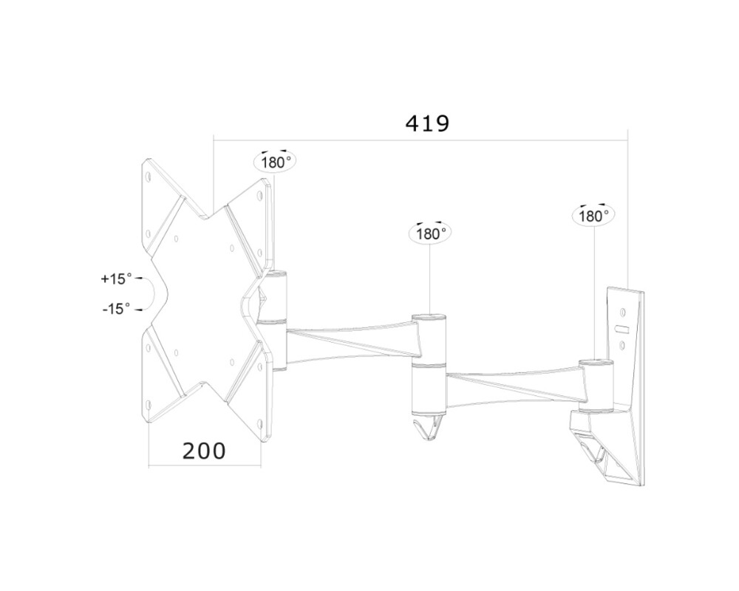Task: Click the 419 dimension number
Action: [427, 123]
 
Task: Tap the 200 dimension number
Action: [204, 451]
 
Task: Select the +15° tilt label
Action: [116, 279]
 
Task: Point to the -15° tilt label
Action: [116, 308]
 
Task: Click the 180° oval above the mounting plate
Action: [275, 162]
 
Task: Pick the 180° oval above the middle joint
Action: [429, 233]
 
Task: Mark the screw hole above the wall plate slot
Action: [622, 311]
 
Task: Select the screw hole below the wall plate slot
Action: [622, 344]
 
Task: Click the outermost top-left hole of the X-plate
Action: [149, 177]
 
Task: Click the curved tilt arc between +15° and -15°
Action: [151, 294]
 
